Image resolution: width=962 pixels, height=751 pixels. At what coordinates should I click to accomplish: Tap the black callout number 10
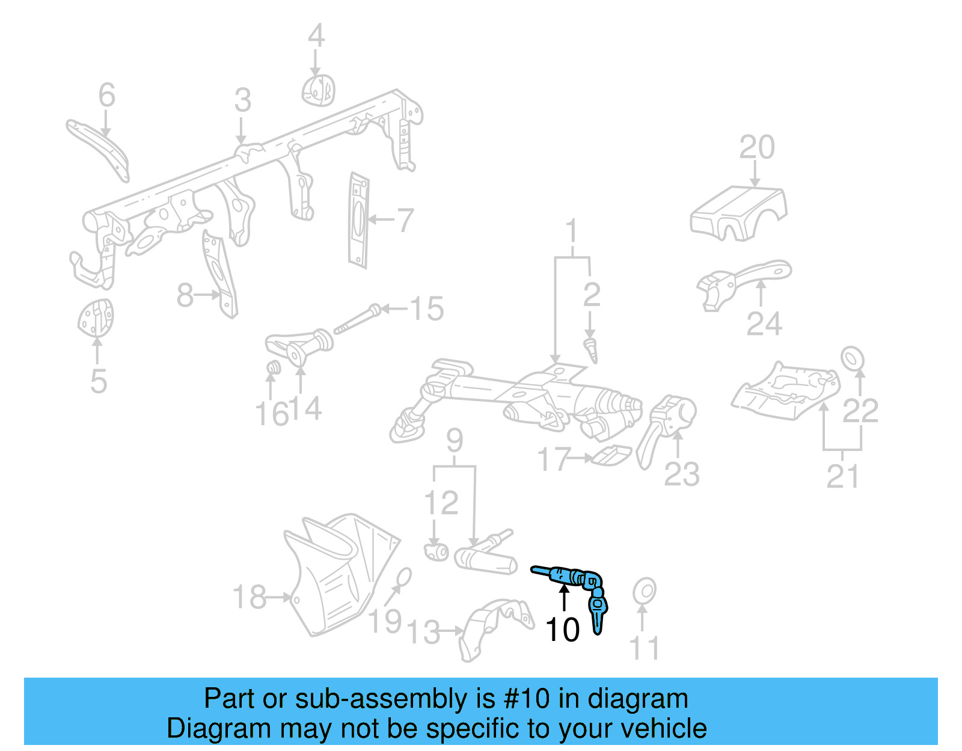[x=562, y=630]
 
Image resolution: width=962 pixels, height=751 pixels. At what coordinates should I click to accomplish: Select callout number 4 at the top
[x=316, y=36]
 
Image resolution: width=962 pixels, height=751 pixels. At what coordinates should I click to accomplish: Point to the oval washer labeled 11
[x=644, y=591]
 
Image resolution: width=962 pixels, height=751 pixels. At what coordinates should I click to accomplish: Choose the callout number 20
[x=756, y=147]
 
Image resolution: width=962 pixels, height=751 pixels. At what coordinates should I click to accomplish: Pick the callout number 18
[x=249, y=597]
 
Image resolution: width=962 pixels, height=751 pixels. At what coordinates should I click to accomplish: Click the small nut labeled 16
[x=273, y=368]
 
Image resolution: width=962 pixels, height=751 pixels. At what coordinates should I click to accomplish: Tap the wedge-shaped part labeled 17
[x=611, y=455]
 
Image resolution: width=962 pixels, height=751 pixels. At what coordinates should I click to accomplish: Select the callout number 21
[x=842, y=477]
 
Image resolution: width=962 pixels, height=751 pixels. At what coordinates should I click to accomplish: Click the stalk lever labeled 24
[x=746, y=280]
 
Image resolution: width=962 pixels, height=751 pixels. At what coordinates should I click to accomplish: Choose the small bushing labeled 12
[x=437, y=550]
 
